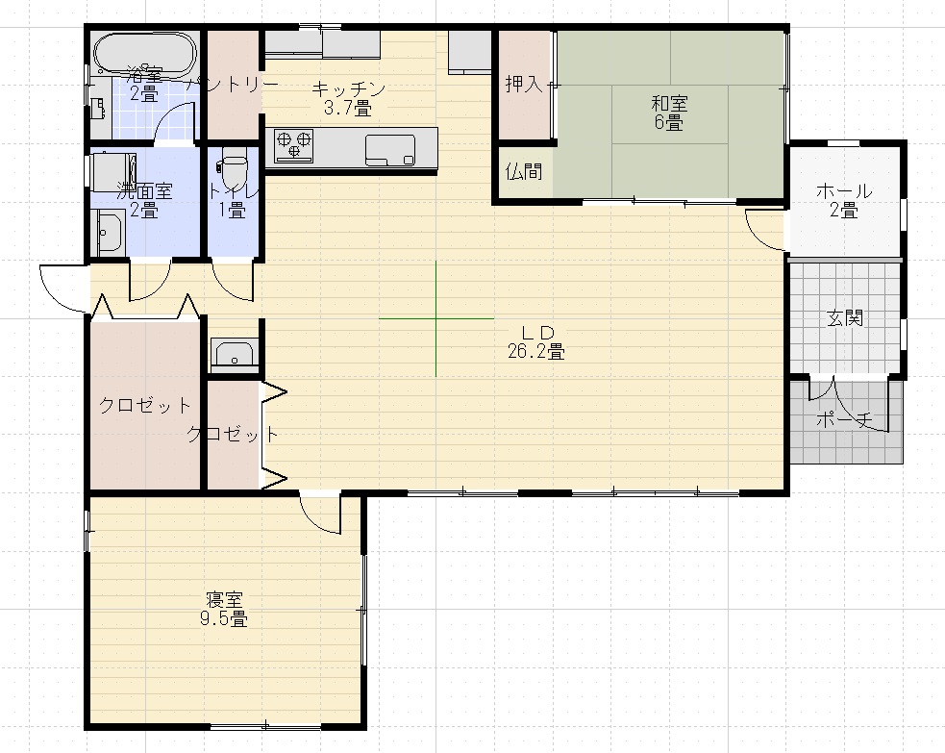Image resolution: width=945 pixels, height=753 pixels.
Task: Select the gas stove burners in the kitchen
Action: pos(294,145)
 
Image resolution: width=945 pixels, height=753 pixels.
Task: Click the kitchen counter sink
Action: pos(389,149)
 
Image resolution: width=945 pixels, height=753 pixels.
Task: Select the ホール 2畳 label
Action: pos(843,200)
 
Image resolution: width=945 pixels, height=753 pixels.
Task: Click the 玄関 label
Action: pos(845,318)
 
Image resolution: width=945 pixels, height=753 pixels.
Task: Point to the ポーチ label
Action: pos(844,420)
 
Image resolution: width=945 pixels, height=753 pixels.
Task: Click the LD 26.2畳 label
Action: pos(535,341)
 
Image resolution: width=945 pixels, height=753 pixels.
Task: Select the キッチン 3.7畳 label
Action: pos(348,98)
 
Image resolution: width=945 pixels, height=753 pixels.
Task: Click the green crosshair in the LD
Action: pos(435,318)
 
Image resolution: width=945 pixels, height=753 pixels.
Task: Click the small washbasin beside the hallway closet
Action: pos(233,354)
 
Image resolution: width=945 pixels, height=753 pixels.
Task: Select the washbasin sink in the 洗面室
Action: pos(109,232)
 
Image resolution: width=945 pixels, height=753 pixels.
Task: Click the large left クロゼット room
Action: pos(144,405)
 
